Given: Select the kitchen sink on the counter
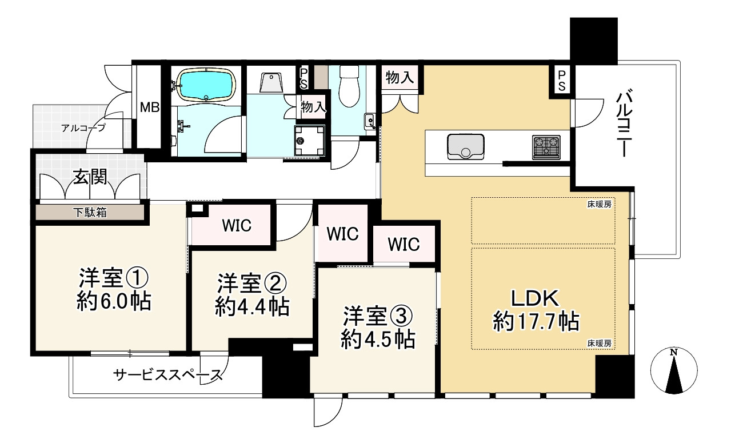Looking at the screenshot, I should click(465, 146).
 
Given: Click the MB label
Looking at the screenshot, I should click(150, 107).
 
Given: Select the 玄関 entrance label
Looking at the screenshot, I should click(89, 178).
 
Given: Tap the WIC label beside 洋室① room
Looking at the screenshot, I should click(236, 226).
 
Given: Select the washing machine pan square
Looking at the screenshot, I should click(307, 140).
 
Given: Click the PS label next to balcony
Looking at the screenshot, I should click(562, 80).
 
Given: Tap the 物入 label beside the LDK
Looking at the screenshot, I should click(400, 78).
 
